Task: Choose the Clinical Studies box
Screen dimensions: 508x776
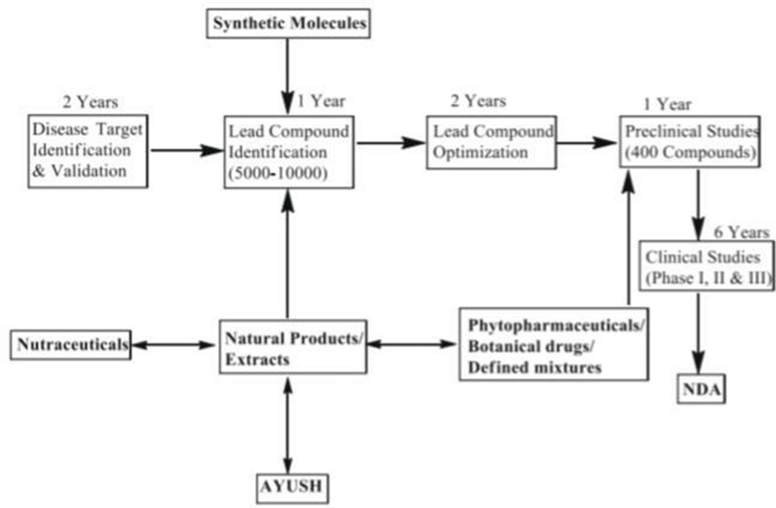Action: pos(707,267)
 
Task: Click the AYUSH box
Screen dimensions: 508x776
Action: pos(289,487)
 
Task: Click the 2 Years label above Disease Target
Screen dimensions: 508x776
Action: pos(90,102)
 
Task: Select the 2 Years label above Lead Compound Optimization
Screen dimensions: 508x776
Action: pos(478,101)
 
